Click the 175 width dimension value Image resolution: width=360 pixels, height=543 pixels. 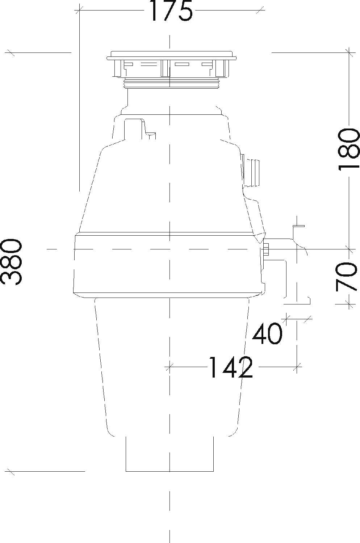click(x=170, y=11)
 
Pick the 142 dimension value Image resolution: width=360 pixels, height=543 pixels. click(x=231, y=367)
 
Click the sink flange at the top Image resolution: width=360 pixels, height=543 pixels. click(x=171, y=55)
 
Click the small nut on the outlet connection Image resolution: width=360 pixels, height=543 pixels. click(x=266, y=249)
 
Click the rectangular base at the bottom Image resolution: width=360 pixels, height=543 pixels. click(x=169, y=454)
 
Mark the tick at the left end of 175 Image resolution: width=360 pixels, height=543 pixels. click(x=79, y=10)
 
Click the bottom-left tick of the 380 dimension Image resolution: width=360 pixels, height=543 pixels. click(x=11, y=471)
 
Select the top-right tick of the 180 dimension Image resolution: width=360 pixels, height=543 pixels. click(x=349, y=52)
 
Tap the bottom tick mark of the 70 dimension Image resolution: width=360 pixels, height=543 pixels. click(x=349, y=303)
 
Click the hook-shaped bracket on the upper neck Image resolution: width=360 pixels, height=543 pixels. click(x=138, y=127)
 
